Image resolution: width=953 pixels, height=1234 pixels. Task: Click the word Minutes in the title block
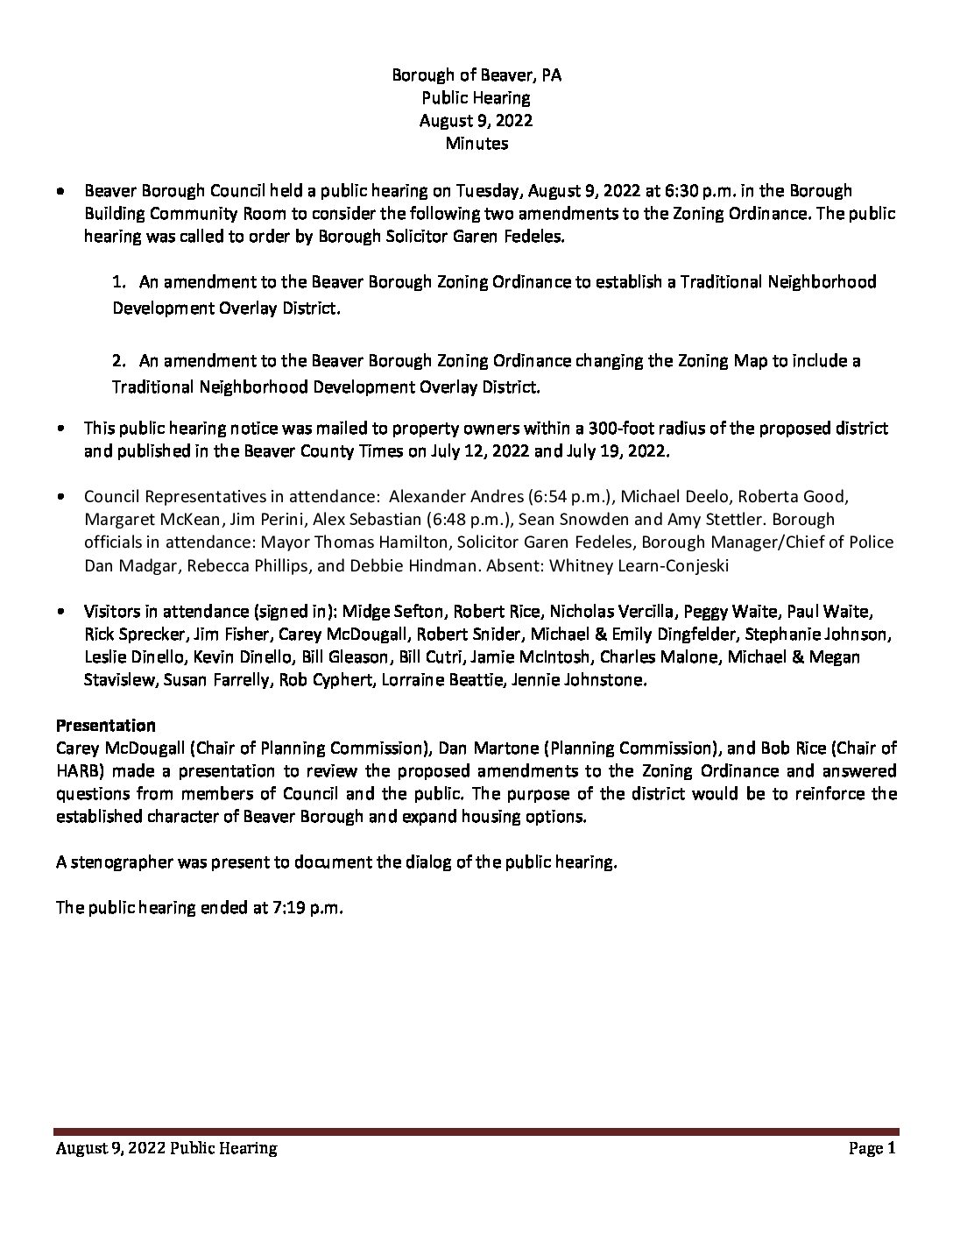476,144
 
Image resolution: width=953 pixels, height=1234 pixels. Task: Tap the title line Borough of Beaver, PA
476,75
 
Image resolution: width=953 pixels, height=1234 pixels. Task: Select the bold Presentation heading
106,726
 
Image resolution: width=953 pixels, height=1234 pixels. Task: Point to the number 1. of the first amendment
121,282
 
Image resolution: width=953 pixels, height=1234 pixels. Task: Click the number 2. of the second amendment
121,361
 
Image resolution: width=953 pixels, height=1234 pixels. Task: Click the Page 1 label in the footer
872,1148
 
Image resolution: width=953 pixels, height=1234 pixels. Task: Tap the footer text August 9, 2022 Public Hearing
166,1148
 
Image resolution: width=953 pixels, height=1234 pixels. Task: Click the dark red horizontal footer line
476,1131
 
